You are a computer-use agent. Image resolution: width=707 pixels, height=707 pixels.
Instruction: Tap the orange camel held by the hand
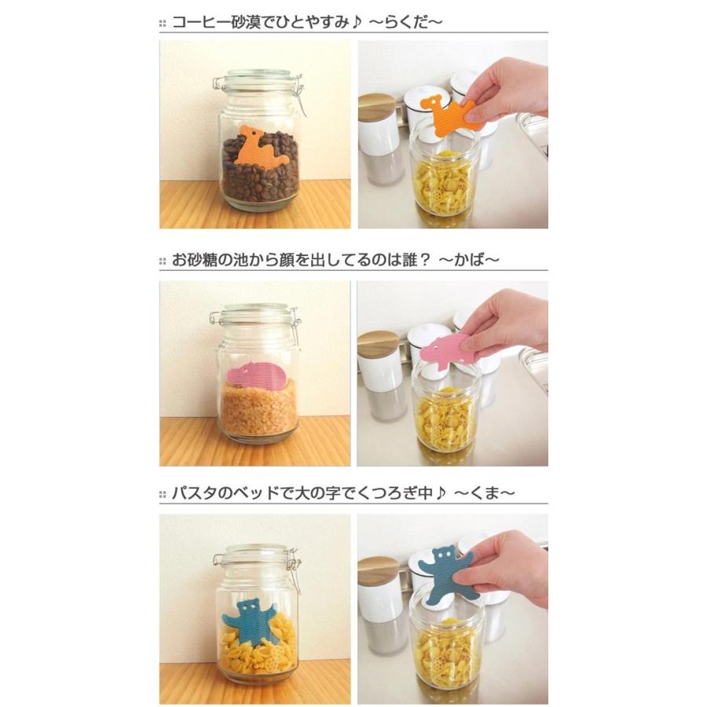coord(454,115)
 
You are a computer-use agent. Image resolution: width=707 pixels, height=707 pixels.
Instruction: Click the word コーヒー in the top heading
coord(197,21)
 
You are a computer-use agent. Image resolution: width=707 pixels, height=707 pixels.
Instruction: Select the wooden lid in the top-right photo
coord(379,107)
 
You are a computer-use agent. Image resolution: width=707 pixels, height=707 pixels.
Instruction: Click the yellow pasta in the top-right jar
coord(445,189)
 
